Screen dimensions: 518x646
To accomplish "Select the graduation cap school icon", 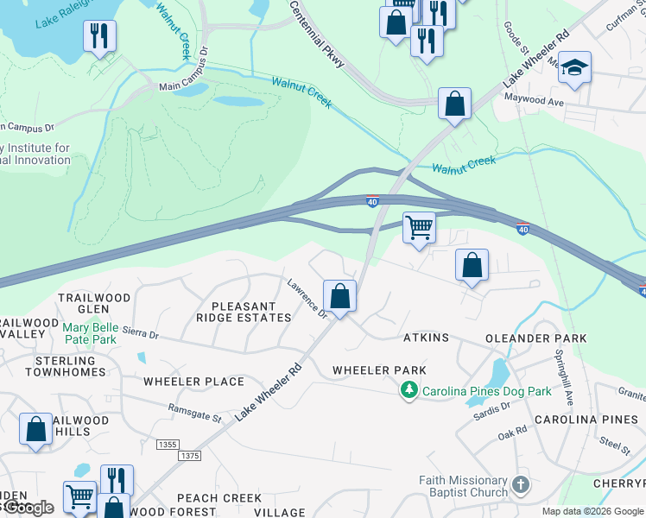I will pos(573,68).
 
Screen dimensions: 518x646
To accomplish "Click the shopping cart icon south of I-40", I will pos(419,229).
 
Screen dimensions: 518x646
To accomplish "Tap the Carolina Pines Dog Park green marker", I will pos(409,391).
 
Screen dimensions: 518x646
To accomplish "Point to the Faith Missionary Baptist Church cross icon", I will pos(520,484).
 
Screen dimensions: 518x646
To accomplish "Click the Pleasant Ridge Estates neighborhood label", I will pos(244,312).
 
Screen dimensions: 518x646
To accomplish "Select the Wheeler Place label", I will pos(194,382).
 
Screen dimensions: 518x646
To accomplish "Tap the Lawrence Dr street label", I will pos(307,299).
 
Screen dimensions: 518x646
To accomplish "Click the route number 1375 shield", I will pos(191,455).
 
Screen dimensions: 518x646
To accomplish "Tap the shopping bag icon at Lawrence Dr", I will pos(340,296).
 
